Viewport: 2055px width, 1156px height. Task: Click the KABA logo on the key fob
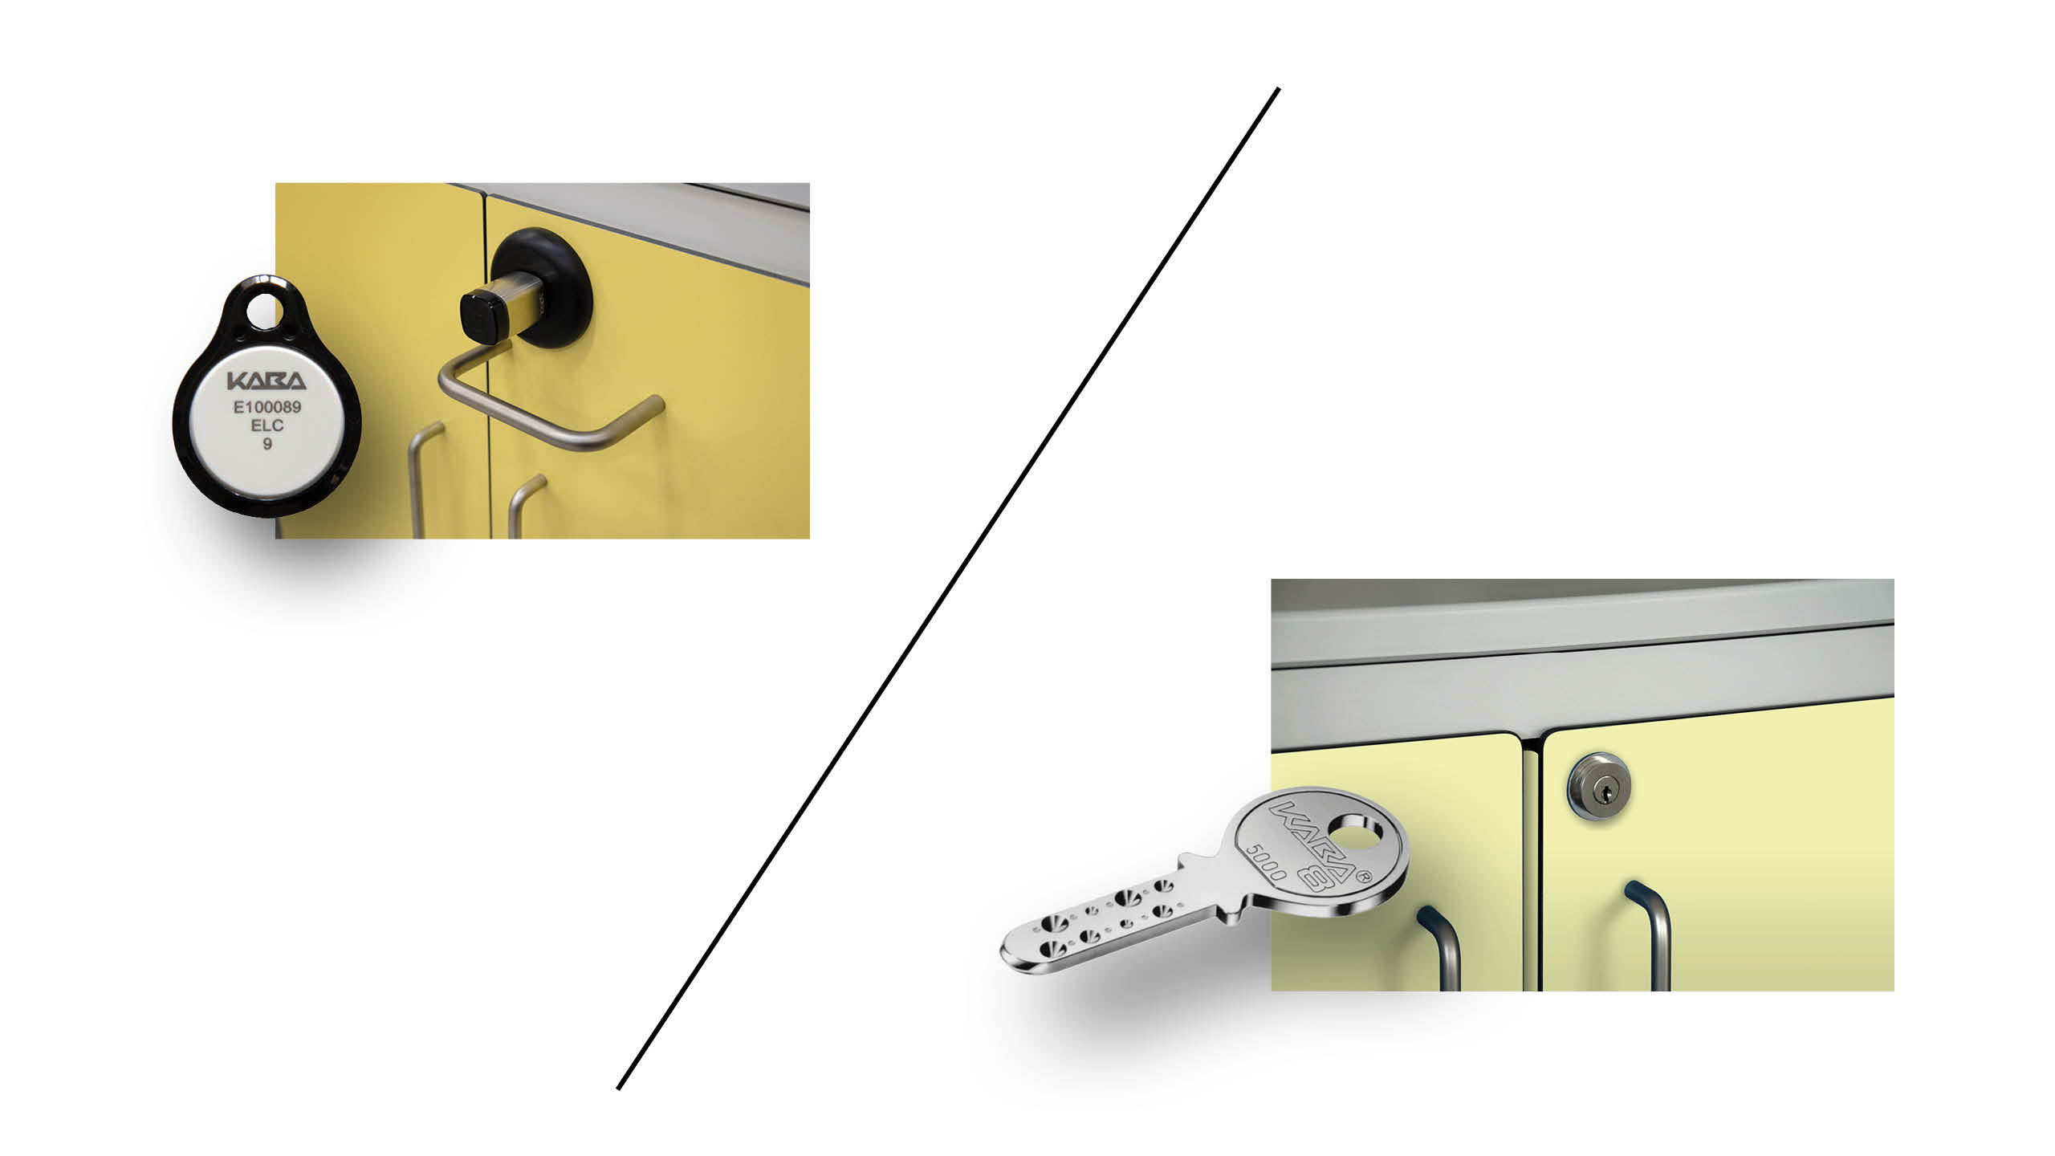[267, 381]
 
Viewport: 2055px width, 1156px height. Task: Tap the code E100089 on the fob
[267, 407]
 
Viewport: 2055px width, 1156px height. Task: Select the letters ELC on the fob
[267, 425]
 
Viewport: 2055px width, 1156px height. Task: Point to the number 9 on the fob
[267, 443]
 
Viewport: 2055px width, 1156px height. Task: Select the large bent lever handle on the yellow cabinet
[546, 401]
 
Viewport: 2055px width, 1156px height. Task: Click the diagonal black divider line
[948, 588]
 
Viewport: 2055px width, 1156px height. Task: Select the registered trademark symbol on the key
[1361, 877]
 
